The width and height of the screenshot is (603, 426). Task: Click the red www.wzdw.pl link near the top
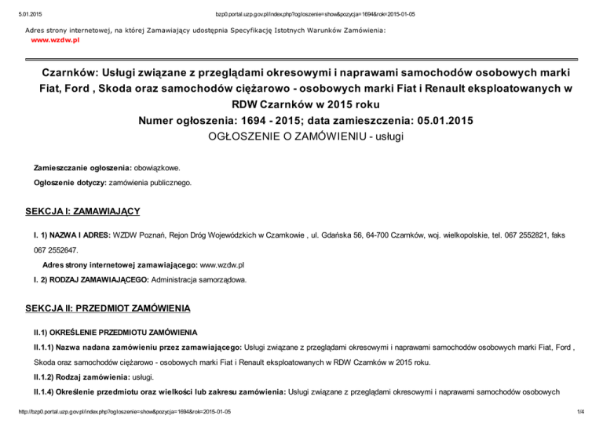coord(49,38)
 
